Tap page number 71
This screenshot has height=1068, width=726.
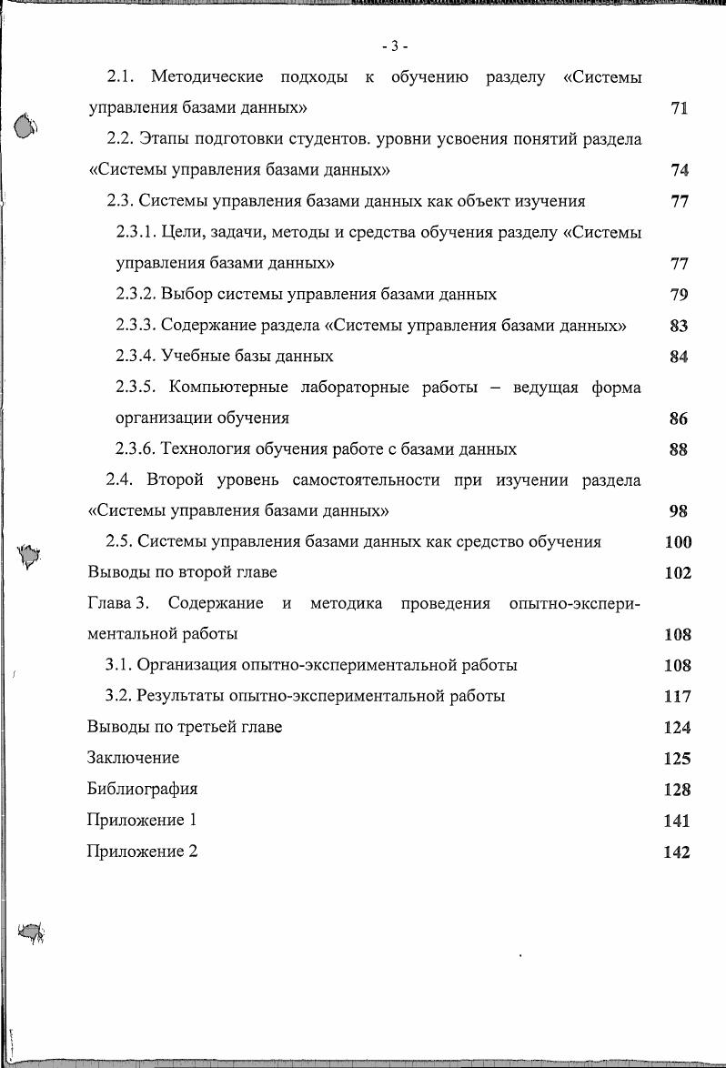(x=678, y=108)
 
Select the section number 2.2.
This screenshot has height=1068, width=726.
(x=120, y=139)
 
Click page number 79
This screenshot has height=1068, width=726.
(x=678, y=295)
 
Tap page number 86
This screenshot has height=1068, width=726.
(x=678, y=419)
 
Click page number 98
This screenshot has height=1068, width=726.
(x=678, y=511)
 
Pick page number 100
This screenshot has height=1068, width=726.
(x=678, y=542)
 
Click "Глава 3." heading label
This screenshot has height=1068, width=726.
(x=117, y=604)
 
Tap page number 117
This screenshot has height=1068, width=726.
(x=678, y=697)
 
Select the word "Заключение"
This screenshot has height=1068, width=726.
(x=133, y=758)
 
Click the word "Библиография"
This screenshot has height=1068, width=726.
(x=142, y=789)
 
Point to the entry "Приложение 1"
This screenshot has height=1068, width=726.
(x=142, y=820)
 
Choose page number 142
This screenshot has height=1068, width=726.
(x=678, y=852)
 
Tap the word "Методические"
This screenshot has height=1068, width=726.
(x=207, y=77)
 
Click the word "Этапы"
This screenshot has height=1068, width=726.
(x=163, y=139)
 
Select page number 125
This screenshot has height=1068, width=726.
(x=678, y=759)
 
